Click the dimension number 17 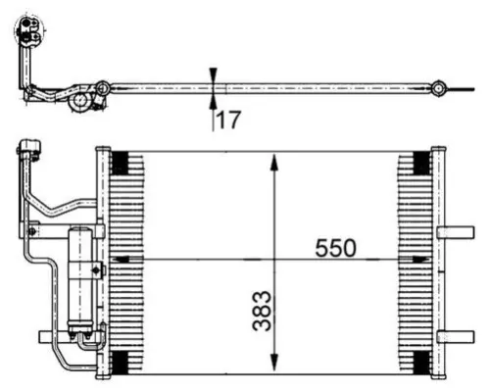point(228,122)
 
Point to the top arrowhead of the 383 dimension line point(274,158)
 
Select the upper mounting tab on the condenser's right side point(455,232)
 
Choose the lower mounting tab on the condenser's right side point(455,336)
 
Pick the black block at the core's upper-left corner point(121,162)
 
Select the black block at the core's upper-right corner point(419,162)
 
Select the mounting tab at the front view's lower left point(47,336)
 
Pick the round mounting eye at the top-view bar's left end point(102,88)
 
